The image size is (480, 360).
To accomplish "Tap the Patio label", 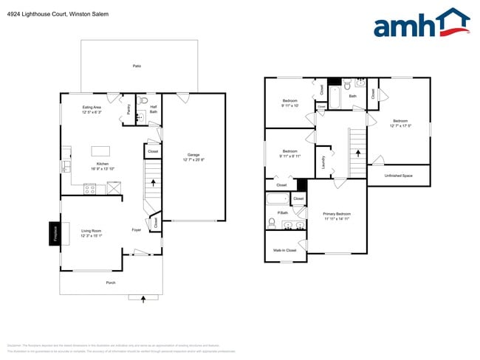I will tap(137, 66).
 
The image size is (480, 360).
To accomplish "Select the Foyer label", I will tap(137, 230).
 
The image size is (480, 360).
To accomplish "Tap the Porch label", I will tap(110, 283).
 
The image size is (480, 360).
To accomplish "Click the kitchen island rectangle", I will tap(100, 150).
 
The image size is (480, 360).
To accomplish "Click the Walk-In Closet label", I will tap(286, 251).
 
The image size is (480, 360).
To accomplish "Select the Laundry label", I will tap(323, 162).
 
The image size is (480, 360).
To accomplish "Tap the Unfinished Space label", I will tap(399, 176).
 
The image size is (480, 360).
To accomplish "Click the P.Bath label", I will tap(283, 212).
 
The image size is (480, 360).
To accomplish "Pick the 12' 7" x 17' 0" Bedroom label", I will tap(400, 123).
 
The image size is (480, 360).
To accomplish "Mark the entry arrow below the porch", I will tap(143, 297).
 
